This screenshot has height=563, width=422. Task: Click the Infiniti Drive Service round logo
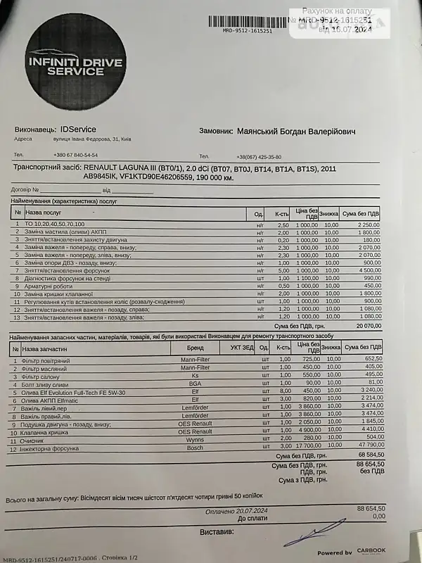point(75,68)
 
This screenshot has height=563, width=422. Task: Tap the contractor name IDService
point(78,129)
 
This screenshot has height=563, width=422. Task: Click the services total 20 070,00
point(365,326)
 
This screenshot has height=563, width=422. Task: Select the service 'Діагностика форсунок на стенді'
point(70,278)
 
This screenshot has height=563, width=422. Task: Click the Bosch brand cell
point(195,448)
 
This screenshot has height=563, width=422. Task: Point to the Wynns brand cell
point(195,439)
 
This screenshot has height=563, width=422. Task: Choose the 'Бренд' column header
point(195,348)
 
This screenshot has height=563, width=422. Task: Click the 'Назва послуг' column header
point(44,211)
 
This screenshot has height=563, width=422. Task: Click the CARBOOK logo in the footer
point(371,551)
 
